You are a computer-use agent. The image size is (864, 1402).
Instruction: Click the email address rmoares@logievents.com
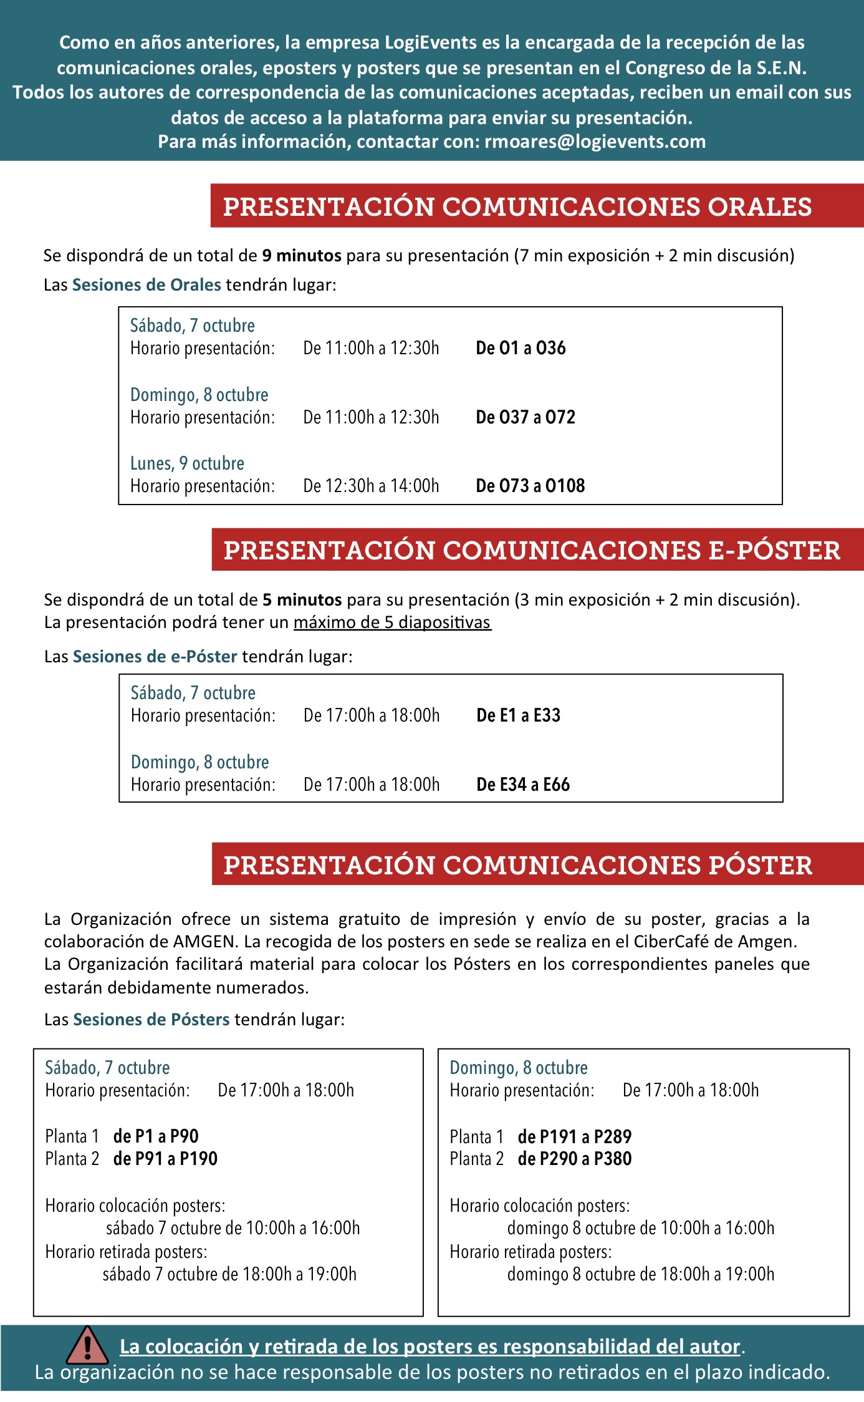tap(595, 142)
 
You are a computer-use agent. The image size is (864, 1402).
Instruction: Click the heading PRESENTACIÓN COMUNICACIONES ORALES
tap(517, 206)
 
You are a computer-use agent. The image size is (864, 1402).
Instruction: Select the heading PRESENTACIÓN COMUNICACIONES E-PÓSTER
tap(532, 550)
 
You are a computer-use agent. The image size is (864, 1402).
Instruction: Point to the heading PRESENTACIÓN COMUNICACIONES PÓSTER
tap(517, 865)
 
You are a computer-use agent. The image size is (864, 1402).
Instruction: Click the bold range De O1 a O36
tap(521, 348)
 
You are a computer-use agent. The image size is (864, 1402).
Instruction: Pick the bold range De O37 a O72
tap(525, 417)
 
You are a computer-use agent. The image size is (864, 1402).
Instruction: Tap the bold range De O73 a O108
tap(530, 486)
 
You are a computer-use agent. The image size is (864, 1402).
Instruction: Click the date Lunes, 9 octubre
tap(187, 463)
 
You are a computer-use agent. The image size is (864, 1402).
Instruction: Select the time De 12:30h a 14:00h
tap(371, 486)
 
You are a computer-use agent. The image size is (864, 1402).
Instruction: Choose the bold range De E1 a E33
tap(518, 715)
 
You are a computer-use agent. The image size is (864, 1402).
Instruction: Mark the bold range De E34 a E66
tap(523, 785)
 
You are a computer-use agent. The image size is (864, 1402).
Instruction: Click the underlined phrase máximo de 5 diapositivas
tap(392, 622)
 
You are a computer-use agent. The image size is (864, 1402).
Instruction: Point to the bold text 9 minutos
tap(301, 256)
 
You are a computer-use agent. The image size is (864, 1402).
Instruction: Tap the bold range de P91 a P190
tap(165, 1159)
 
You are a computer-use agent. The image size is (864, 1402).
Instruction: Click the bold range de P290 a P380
tap(574, 1159)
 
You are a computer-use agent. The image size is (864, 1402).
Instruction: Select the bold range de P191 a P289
tap(574, 1136)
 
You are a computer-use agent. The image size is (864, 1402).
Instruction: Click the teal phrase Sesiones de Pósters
tap(151, 1019)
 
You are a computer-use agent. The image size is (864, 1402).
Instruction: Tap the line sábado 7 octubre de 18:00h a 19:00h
tap(229, 1274)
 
